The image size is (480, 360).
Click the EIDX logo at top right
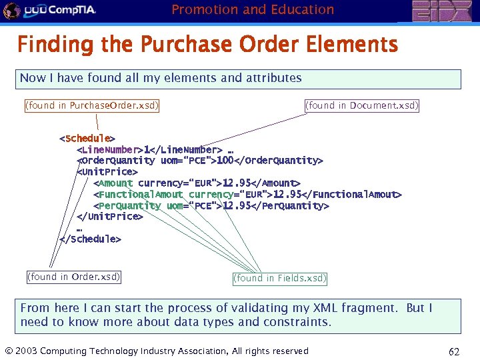coord(443,11)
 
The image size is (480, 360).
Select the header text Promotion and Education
coord(253,9)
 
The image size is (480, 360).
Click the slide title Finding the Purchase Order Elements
coord(207,45)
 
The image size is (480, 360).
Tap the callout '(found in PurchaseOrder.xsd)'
coord(91,105)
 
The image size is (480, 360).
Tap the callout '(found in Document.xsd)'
coord(362,105)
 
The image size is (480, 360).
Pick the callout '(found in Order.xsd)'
coord(73,277)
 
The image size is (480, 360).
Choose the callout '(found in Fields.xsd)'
coord(280,278)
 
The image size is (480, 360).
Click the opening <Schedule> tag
coord(87,139)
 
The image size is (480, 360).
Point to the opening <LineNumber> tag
coord(109,150)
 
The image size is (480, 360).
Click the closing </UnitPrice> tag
coord(109,216)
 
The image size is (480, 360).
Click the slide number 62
coord(455,351)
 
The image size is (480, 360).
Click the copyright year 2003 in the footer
coord(26,351)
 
